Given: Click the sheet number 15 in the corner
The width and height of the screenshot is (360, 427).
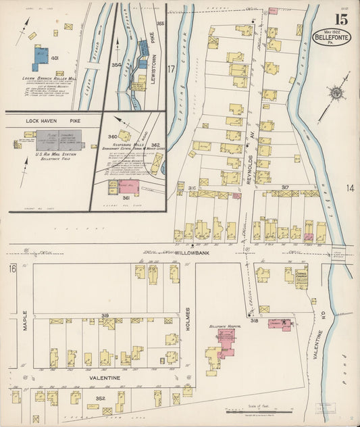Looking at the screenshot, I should (341, 18).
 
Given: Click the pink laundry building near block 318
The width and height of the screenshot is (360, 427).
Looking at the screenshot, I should (278, 324).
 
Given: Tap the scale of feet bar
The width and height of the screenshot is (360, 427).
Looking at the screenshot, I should (257, 409).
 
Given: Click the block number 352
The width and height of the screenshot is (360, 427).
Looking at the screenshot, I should (101, 398).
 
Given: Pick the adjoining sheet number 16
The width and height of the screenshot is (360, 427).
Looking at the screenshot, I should (12, 269).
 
